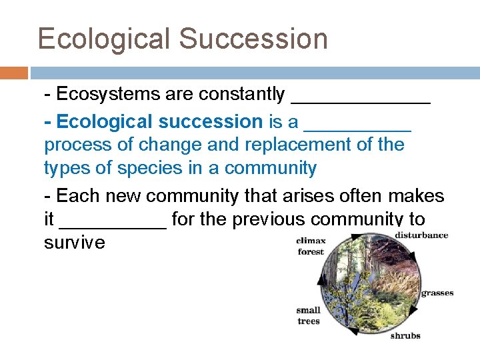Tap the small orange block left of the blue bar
(13, 73)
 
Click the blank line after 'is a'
(357, 128)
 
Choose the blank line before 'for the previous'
(113, 225)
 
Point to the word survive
(75, 242)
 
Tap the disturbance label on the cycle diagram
(421, 235)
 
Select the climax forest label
(311, 246)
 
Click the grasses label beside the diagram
(437, 293)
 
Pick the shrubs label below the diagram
(405, 335)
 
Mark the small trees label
(309, 315)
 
